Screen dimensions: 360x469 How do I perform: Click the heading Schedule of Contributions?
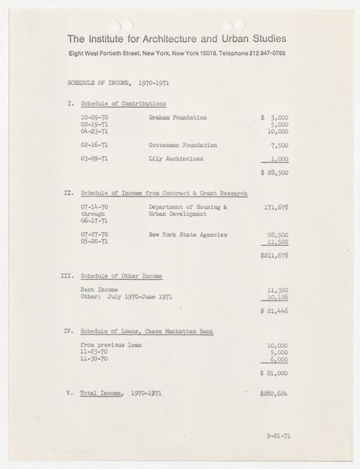click(123, 103)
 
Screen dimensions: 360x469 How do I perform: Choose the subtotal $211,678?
click(274, 255)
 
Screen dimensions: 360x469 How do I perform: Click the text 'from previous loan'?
click(112, 345)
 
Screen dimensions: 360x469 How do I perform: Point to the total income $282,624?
click(274, 394)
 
